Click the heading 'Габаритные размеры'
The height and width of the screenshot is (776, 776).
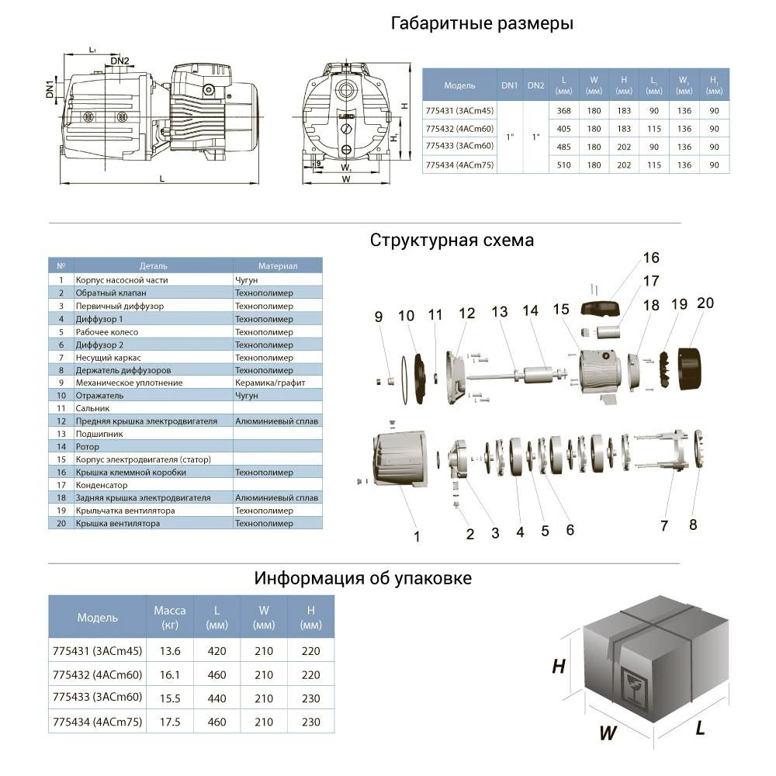[482, 23]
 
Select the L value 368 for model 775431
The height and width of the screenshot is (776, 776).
[564, 110]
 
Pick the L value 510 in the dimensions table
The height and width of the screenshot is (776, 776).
[564, 165]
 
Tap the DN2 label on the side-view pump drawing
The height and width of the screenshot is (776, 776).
[120, 61]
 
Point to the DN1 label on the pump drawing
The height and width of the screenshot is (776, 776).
[50, 88]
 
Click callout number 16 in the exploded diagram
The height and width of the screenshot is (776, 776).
[650, 258]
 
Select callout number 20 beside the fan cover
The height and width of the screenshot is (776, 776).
[705, 303]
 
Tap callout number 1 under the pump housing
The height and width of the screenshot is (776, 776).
[417, 536]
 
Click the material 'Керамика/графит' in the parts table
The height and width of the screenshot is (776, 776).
[269, 383]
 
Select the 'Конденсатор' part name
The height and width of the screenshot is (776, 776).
[102, 485]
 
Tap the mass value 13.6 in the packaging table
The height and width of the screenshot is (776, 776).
[168, 651]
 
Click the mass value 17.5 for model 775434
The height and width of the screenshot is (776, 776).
[168, 722]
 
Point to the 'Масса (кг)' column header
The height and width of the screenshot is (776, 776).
[169, 617]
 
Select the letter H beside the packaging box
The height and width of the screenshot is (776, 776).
[559, 667]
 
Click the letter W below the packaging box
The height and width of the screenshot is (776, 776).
[608, 732]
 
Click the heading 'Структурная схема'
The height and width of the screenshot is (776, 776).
[452, 240]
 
